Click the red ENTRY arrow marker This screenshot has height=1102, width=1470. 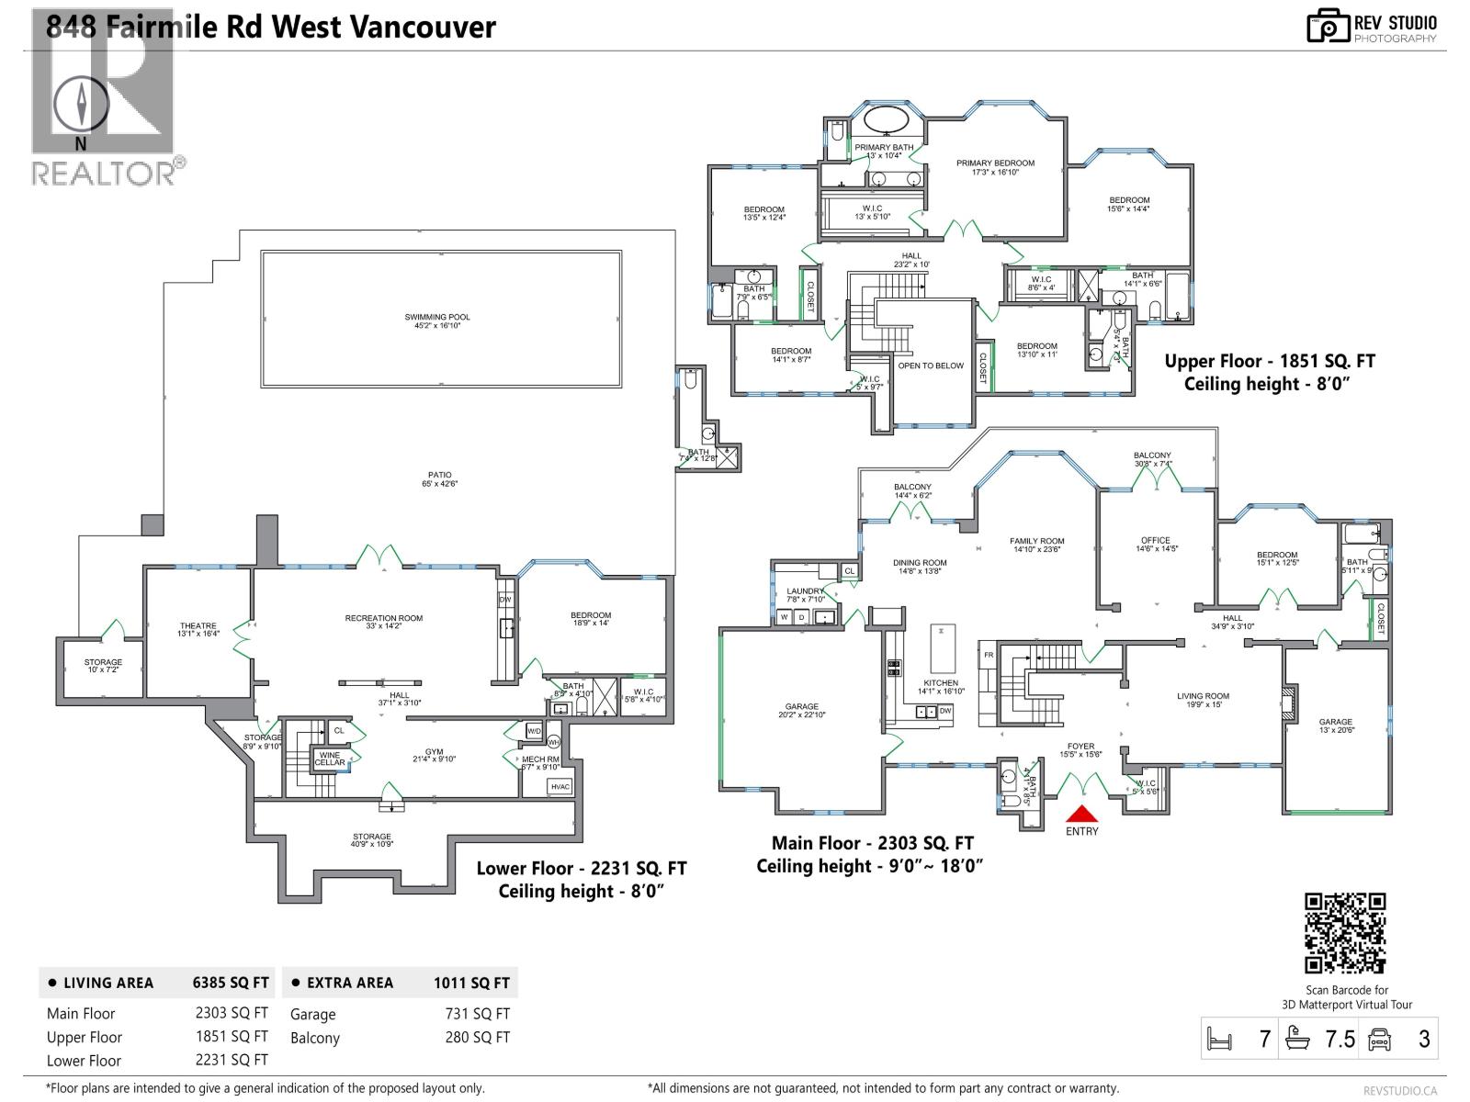click(1081, 814)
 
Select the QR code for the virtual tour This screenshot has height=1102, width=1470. click(1345, 932)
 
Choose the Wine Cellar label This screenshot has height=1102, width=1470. click(330, 759)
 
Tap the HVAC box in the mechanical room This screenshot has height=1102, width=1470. click(560, 787)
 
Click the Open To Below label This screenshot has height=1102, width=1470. click(931, 365)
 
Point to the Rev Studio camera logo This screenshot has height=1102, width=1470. click(1328, 26)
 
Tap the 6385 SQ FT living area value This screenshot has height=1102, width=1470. click(230, 983)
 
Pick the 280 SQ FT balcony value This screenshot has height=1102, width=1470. click(477, 1038)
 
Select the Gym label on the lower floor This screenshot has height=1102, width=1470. click(434, 755)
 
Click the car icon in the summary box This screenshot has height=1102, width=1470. click(1379, 1039)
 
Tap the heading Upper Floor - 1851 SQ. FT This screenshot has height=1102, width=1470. click(1270, 362)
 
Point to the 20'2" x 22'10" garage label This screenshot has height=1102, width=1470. click(801, 711)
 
